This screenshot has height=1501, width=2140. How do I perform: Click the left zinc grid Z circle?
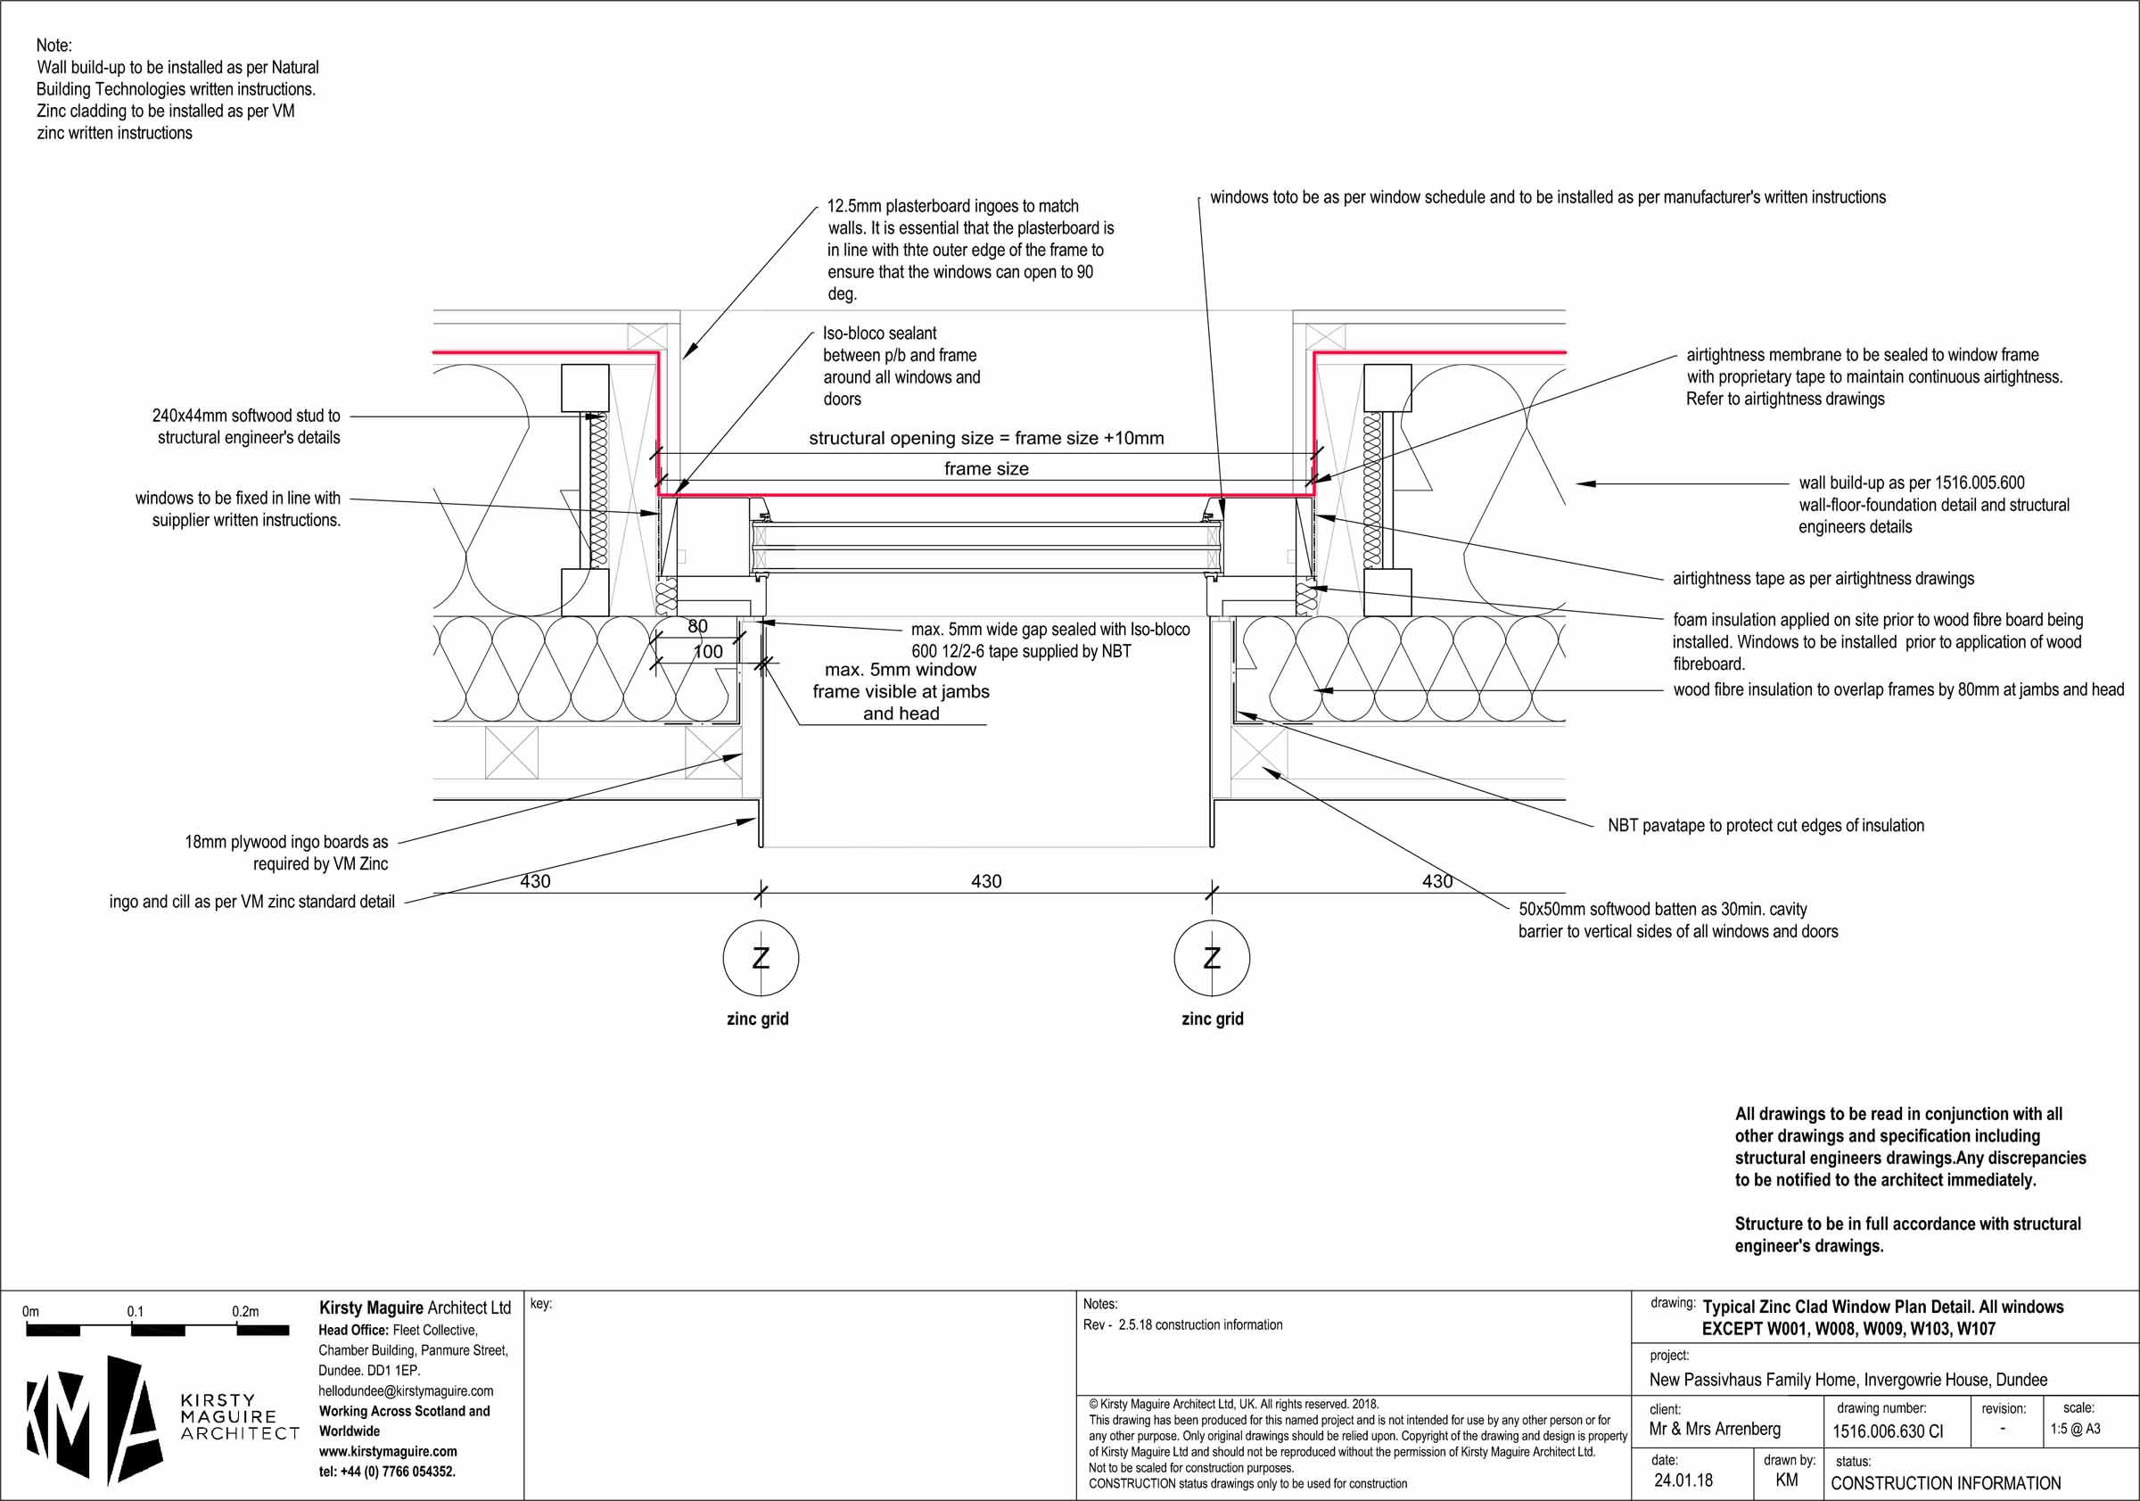pyautogui.click(x=761, y=958)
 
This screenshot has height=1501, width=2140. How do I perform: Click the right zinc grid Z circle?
pyautogui.click(x=1212, y=958)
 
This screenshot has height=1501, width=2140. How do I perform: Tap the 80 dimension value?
pyautogui.click(x=697, y=626)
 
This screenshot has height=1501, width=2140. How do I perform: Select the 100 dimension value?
pyautogui.click(x=707, y=652)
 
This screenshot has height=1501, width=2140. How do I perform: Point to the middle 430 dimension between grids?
pyautogui.click(x=986, y=881)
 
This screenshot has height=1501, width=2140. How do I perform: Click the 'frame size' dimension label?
pyautogui.click(x=986, y=469)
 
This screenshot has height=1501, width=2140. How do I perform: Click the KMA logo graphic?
pyautogui.click(x=94, y=1418)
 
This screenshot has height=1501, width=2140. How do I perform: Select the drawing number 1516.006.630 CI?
pyautogui.click(x=1888, y=1431)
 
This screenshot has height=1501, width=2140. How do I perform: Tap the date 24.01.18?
pyautogui.click(x=1683, y=1480)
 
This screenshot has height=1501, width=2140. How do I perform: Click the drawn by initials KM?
pyautogui.click(x=1787, y=1480)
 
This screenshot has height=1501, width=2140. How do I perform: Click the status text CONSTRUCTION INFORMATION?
pyautogui.click(x=1947, y=1483)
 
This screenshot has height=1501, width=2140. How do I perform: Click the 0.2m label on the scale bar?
pyautogui.click(x=245, y=1312)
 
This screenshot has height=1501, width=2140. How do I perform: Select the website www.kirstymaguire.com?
pyautogui.click(x=388, y=1452)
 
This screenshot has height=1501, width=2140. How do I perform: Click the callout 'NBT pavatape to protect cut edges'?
pyautogui.click(x=1765, y=826)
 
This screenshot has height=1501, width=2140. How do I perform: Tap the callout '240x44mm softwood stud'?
pyautogui.click(x=247, y=427)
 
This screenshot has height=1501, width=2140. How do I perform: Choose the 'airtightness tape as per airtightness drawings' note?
pyautogui.click(x=1823, y=579)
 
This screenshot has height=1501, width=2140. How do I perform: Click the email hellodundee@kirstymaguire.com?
pyautogui.click(x=406, y=1391)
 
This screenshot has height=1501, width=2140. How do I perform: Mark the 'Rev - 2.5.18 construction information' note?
pyautogui.click(x=1181, y=1324)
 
